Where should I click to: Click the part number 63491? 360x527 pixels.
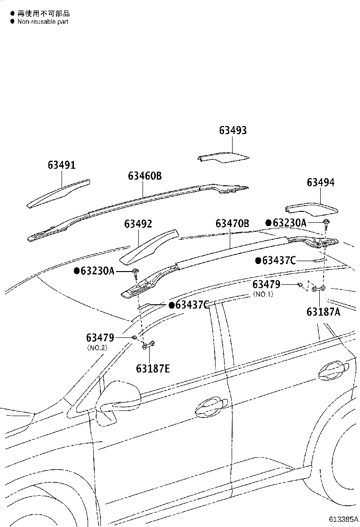61,165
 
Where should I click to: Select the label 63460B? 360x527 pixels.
144,176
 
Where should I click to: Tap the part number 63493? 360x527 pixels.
233,131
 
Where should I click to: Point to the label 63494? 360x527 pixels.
320,182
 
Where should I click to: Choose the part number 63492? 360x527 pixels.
138,224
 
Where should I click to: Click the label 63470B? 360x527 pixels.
232,223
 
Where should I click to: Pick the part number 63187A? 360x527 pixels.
323,312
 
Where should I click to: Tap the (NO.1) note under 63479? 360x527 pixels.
263,294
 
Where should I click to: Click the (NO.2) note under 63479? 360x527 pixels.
97,347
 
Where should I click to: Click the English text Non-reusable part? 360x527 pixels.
43,22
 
